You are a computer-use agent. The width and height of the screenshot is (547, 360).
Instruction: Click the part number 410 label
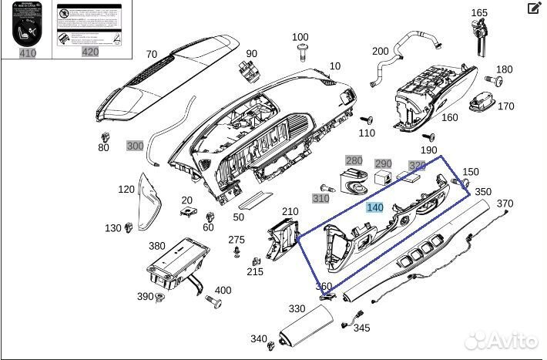click(x=28, y=53)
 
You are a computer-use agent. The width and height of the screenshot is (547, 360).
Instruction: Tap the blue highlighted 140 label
click(x=374, y=208)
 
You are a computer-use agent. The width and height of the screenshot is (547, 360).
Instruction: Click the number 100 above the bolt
click(x=300, y=37)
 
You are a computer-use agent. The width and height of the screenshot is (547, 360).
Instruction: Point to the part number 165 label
click(x=479, y=12)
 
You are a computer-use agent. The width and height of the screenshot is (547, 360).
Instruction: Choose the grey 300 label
click(x=135, y=146)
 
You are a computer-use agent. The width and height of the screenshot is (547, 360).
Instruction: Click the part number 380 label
click(x=157, y=247)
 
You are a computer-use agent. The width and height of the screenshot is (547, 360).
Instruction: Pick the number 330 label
click(x=297, y=309)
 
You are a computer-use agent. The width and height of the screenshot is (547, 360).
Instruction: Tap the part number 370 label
click(x=505, y=204)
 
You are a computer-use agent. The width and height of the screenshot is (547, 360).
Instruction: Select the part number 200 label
click(x=381, y=51)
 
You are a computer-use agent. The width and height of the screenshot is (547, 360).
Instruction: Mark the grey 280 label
click(x=353, y=160)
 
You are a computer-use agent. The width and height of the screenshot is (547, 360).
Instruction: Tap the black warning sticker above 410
click(x=28, y=24)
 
